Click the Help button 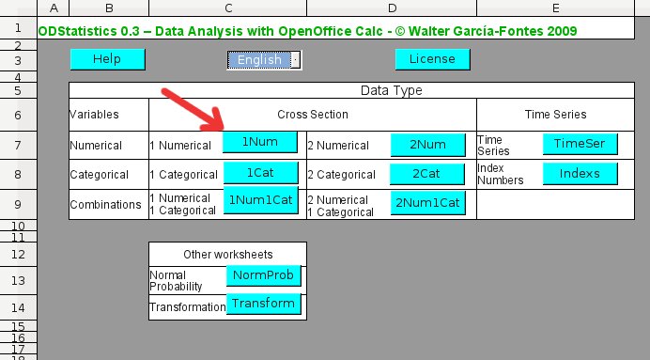coord(108,59)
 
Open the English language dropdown coord(296,60)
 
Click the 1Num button coord(260,142)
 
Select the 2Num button coord(427,145)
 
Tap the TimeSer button coord(580,144)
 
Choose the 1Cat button coord(261,173)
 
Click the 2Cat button coord(427,174)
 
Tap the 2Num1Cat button coord(427,203)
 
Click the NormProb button coord(264,275)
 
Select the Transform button coord(264,304)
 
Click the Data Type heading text coord(392,90)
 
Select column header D coord(392,8)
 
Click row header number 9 coord(18,205)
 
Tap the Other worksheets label coord(228,254)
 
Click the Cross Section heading coord(313,115)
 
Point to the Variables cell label coord(94,115)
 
